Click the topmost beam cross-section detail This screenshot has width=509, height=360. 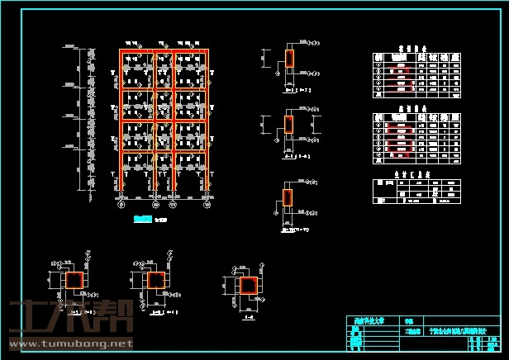289,58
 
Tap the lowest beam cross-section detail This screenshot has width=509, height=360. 288,198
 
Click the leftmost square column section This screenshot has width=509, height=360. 74,281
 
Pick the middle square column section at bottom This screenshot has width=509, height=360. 155,281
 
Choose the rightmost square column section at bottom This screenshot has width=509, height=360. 248,286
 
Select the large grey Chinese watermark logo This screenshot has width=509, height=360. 69,318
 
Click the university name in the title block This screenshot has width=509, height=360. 366,320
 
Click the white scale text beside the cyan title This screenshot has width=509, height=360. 163,220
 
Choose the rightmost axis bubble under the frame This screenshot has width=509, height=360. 206,204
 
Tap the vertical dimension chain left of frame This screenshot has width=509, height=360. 88,116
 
